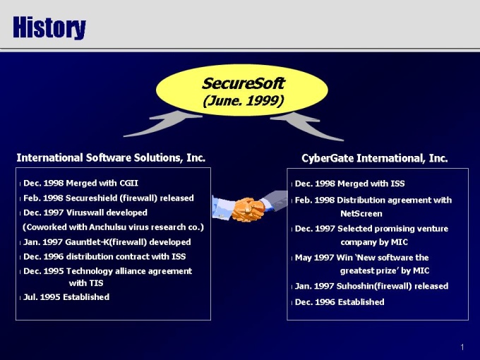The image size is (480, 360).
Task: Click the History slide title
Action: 49,28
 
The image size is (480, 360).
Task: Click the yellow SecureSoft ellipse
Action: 242,90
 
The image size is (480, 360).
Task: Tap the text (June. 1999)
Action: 244,101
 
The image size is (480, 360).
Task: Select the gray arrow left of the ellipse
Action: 162,124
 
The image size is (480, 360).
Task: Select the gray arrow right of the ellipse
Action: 307,126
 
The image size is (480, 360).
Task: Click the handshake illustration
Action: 249,206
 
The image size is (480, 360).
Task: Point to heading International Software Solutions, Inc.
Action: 111,158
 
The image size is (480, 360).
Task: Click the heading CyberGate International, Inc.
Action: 375,158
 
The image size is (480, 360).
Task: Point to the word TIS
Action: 95,283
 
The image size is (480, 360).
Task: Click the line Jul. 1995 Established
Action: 66,297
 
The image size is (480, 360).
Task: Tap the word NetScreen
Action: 361,214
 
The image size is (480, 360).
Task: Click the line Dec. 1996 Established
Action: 340,302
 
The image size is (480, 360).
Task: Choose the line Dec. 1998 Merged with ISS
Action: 349,184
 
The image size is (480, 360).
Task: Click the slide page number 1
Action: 462,347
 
